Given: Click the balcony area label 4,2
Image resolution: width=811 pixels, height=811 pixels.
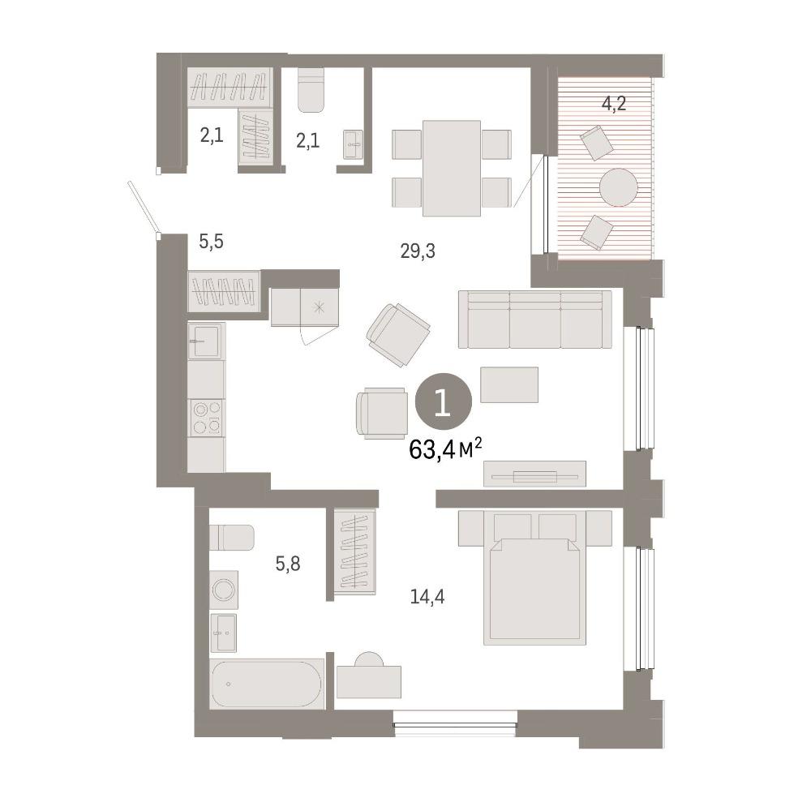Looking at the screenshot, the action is tap(614, 104).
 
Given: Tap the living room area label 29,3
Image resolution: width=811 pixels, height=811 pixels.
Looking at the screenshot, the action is tap(418, 251).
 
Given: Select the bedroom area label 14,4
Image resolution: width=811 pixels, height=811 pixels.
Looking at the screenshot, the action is tap(427, 598).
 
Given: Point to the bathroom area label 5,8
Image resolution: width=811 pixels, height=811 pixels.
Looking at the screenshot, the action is tap(288, 564).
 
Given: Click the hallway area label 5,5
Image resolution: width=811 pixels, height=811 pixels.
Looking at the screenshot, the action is tap(212, 241).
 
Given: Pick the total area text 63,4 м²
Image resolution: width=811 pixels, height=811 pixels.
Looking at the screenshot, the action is tap(445, 449).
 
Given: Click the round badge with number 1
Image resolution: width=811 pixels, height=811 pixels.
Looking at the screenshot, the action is tap(444, 401).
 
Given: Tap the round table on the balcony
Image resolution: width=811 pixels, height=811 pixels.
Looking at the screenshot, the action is tap(619, 187).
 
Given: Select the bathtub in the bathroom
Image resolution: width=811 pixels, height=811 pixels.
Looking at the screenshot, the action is tap(267, 684).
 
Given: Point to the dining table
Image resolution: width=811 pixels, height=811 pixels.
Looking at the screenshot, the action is tap(452, 168).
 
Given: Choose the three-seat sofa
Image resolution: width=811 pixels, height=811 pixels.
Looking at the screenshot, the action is tap(534, 319).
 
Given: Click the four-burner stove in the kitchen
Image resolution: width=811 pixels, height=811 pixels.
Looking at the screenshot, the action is tap(206, 418).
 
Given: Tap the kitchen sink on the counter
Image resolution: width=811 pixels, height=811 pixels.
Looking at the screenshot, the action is tap(206, 341).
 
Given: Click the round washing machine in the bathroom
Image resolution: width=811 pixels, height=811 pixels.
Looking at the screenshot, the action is tap(225, 590).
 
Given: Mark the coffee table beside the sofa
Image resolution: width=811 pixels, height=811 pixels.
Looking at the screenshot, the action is tap(509, 384).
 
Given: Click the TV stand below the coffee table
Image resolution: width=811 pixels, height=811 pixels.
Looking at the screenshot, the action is tap(534, 474).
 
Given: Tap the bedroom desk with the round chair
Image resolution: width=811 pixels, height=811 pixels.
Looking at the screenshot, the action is tap(369, 676).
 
